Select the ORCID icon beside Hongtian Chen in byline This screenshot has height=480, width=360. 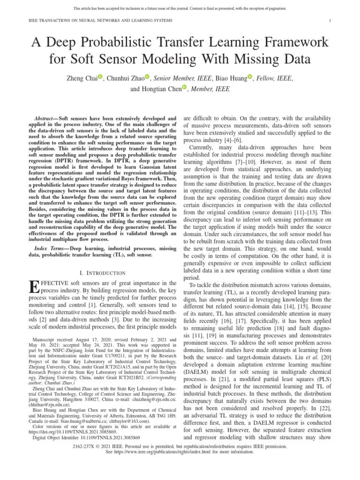(x=184, y=88)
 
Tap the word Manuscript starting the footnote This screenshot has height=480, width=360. (x=43, y=339)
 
